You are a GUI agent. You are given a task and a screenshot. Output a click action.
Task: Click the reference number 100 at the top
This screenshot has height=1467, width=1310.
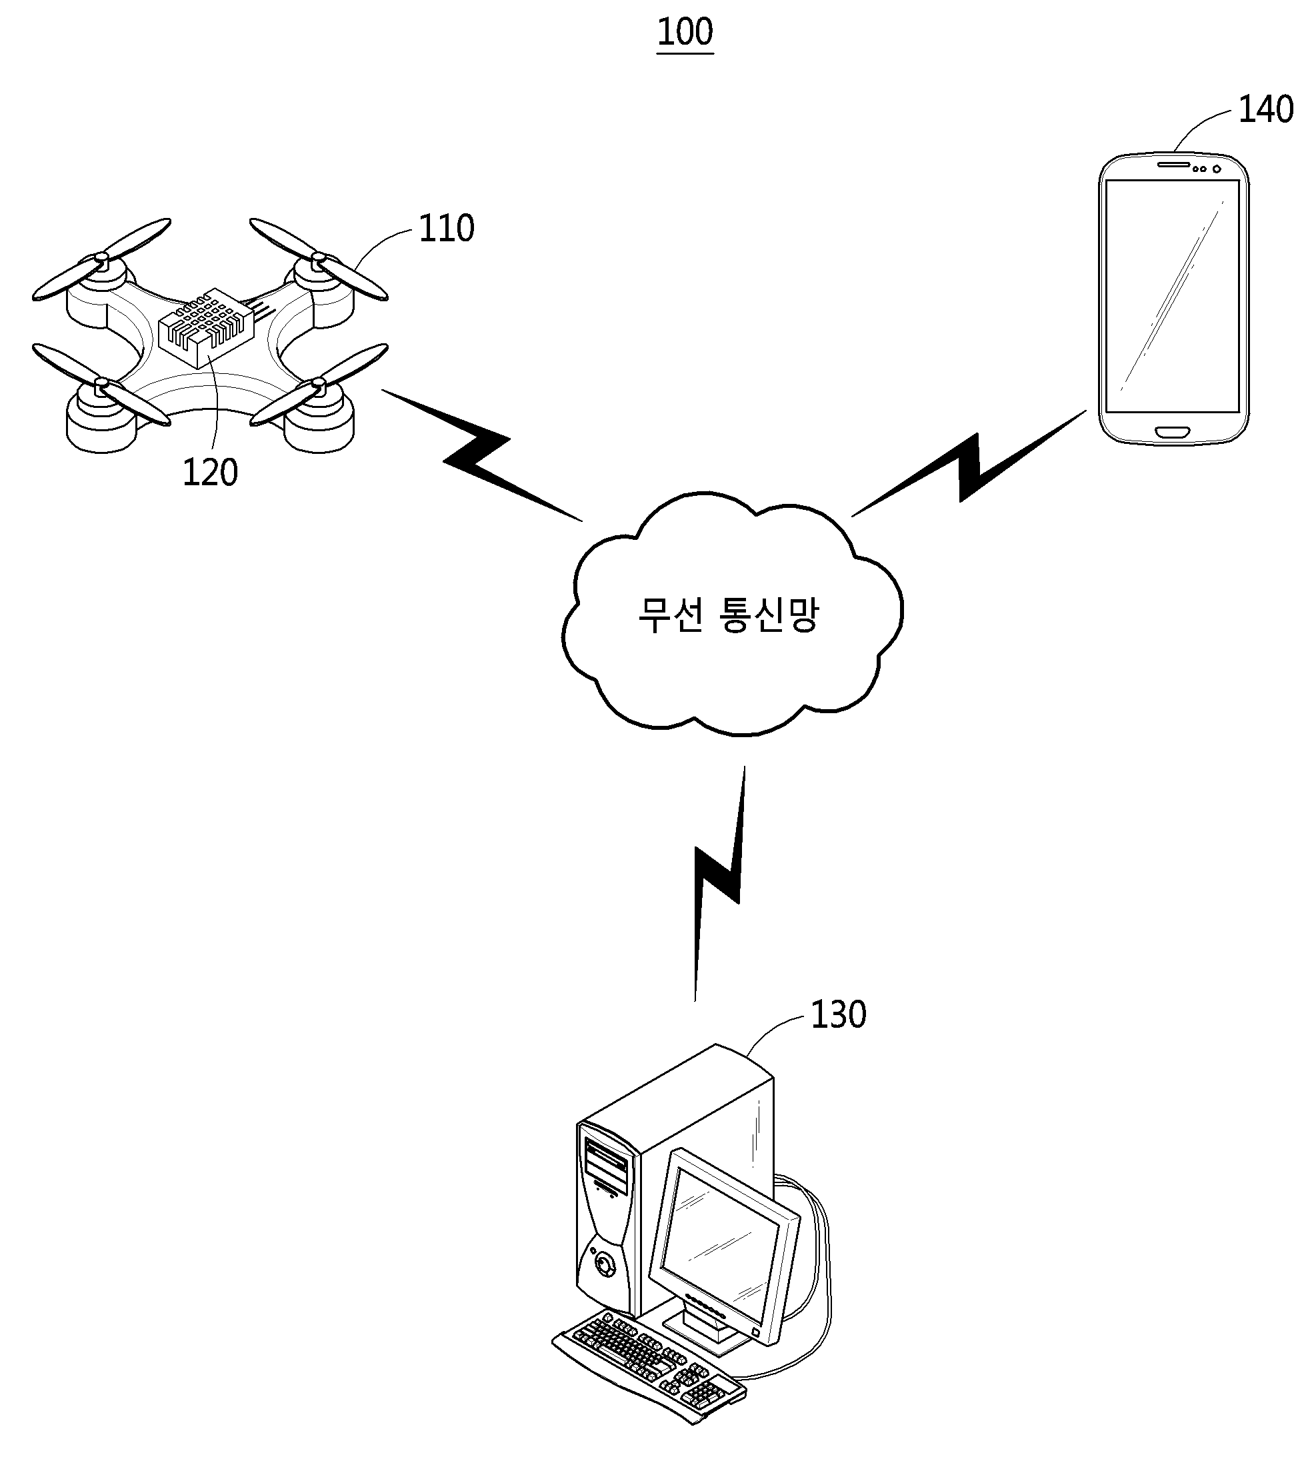[685, 33]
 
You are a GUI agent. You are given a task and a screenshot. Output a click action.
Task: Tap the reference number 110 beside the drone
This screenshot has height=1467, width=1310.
[446, 228]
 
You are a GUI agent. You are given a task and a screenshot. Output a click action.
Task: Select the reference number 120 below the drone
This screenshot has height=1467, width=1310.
[209, 473]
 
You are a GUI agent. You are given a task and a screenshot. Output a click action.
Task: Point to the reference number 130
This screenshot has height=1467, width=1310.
[838, 1014]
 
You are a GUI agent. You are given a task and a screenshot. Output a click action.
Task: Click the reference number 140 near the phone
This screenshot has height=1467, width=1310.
[1265, 110]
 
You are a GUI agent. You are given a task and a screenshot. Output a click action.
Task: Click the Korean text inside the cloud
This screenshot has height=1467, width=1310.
[729, 615]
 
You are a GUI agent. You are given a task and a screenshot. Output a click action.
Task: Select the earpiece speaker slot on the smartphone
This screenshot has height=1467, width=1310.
[1173, 164]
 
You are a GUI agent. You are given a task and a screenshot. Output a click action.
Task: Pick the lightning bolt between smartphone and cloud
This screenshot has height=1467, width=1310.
[969, 464]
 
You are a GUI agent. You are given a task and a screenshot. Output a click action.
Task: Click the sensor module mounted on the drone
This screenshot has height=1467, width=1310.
[206, 327]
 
